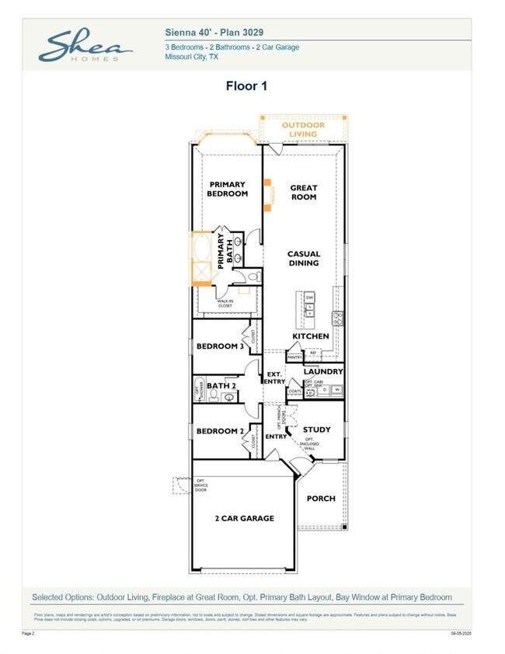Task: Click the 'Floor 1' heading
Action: [x=246, y=86]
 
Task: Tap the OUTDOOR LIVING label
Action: [x=303, y=130]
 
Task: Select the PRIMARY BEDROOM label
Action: [x=227, y=189]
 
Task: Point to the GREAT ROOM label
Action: [x=303, y=192]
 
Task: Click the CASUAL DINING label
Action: [x=303, y=258]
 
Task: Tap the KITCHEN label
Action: [x=311, y=336]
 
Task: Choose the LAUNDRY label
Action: [x=323, y=372]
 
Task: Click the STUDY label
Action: [x=316, y=430]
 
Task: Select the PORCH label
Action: [x=321, y=498]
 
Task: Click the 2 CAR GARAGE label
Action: [x=244, y=518]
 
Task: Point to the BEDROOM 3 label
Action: [x=220, y=346]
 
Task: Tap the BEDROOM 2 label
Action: [x=220, y=431]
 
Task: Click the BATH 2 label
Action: [x=222, y=385]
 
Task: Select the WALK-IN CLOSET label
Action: [x=225, y=304]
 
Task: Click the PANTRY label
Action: [x=294, y=357]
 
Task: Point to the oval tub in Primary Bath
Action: [x=204, y=249]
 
